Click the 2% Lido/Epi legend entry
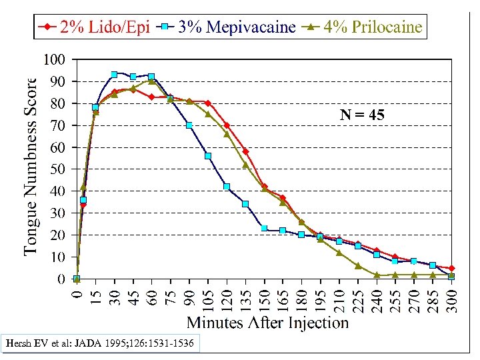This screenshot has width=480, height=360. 93,27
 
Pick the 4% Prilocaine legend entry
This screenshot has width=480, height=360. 363,27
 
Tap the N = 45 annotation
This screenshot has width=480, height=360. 362,115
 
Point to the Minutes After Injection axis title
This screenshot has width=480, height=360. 267,323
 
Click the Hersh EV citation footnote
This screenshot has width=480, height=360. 100,344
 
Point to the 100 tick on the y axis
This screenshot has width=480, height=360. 54,60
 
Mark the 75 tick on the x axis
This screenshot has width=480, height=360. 171,292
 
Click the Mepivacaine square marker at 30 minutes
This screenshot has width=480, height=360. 114,75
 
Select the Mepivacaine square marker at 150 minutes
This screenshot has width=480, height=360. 264,228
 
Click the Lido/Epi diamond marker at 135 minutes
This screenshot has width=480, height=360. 245,151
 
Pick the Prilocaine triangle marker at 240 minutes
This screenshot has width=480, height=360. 377,274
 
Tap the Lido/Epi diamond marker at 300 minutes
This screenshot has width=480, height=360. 452,268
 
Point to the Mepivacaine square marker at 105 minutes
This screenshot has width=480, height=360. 208,156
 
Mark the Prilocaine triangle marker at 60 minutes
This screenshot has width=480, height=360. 151,81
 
